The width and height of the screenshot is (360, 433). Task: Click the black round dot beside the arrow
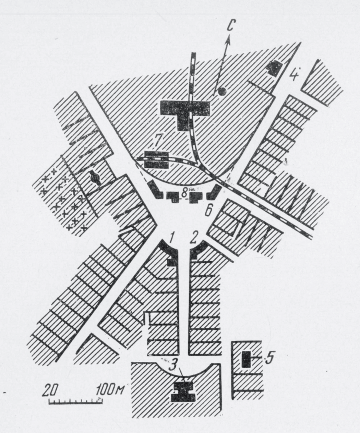click(x=222, y=91)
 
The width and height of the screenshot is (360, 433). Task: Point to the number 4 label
click(x=294, y=74)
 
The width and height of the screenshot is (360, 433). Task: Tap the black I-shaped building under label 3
click(x=183, y=392)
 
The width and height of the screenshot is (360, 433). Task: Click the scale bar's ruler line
click(x=75, y=401)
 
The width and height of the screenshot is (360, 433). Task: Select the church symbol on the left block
click(x=95, y=178)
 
